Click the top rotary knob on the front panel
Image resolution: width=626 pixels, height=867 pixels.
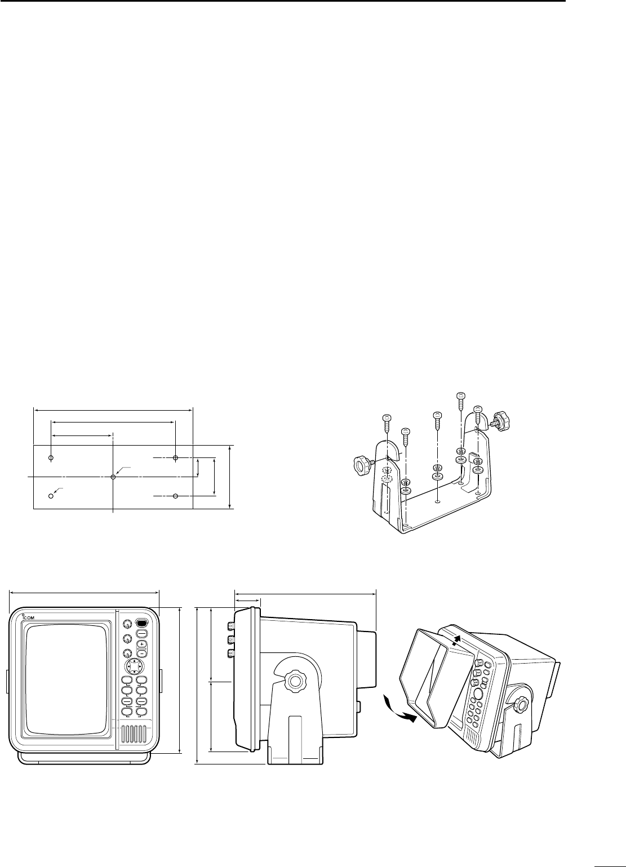[127, 624]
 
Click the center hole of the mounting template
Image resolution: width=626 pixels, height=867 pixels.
[113, 477]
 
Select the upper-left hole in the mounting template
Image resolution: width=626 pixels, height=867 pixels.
[51, 458]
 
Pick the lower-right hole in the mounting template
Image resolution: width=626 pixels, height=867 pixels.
[176, 496]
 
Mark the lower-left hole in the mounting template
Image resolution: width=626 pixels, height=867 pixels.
[51, 496]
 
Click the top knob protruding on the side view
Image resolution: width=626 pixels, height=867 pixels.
[230, 626]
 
